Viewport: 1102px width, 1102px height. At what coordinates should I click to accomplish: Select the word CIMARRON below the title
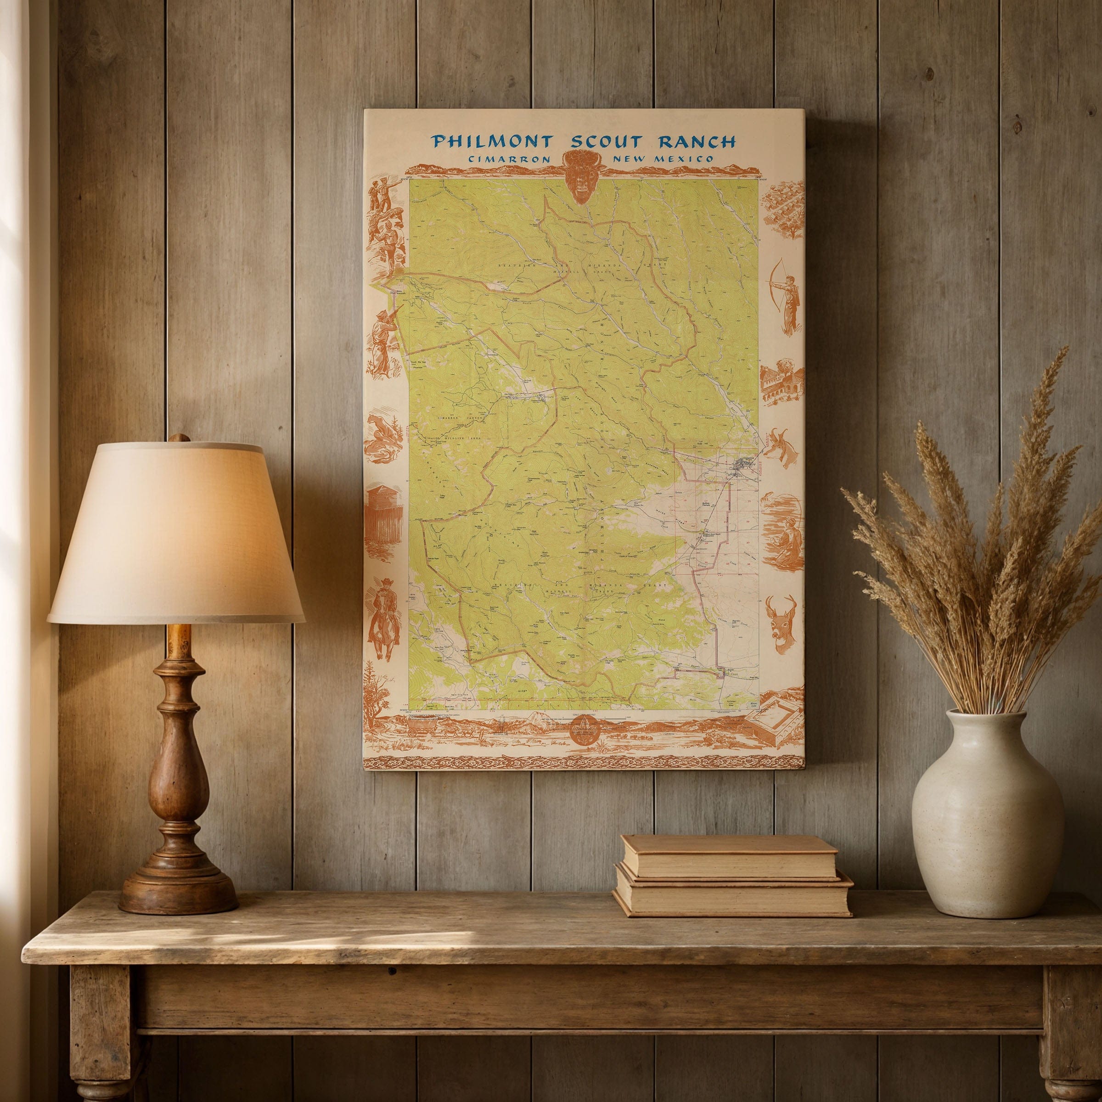tap(509, 160)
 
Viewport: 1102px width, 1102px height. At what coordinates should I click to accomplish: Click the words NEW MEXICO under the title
tap(662, 160)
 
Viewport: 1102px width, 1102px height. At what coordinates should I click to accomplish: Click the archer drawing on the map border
tap(785, 295)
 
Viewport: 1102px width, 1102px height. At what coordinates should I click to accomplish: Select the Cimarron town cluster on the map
tap(745, 465)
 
